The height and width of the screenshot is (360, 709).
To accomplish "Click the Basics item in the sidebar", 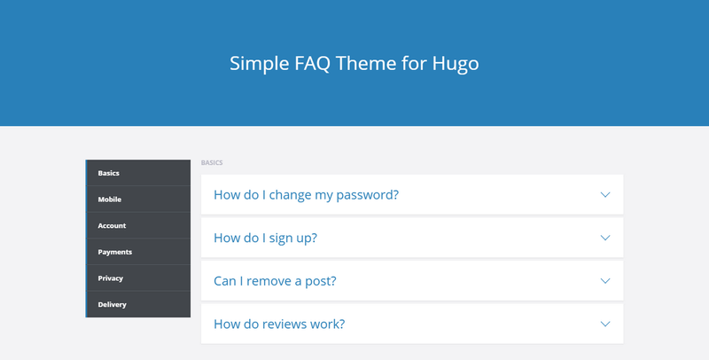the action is (108, 173).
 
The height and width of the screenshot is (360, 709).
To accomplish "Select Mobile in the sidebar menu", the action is (109, 199).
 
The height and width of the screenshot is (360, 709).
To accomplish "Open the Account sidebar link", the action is (112, 225).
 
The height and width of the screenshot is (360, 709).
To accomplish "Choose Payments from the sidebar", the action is (115, 252).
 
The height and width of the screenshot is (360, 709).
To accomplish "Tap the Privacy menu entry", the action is (110, 278).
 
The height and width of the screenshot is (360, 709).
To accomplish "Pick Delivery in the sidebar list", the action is (113, 304).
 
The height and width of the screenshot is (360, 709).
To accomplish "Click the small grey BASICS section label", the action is (212, 163).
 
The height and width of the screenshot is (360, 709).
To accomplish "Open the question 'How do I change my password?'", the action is (306, 194).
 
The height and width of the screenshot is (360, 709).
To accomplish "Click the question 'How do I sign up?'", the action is (265, 238).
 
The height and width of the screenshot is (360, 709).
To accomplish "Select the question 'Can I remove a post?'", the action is (275, 281).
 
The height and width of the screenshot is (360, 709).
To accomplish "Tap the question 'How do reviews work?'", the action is (279, 324).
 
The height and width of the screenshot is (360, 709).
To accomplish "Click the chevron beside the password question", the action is (605, 195).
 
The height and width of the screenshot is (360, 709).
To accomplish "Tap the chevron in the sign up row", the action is (605, 238).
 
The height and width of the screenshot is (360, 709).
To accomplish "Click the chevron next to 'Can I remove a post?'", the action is (605, 281).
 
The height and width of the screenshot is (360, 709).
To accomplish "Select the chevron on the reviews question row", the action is (605, 324).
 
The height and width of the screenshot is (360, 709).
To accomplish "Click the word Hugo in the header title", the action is (456, 63).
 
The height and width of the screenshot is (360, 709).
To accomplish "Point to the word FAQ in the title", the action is (313, 63).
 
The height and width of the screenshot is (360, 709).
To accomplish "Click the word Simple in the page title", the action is (260, 63).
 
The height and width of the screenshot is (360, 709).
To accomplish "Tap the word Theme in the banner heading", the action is (366, 63).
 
